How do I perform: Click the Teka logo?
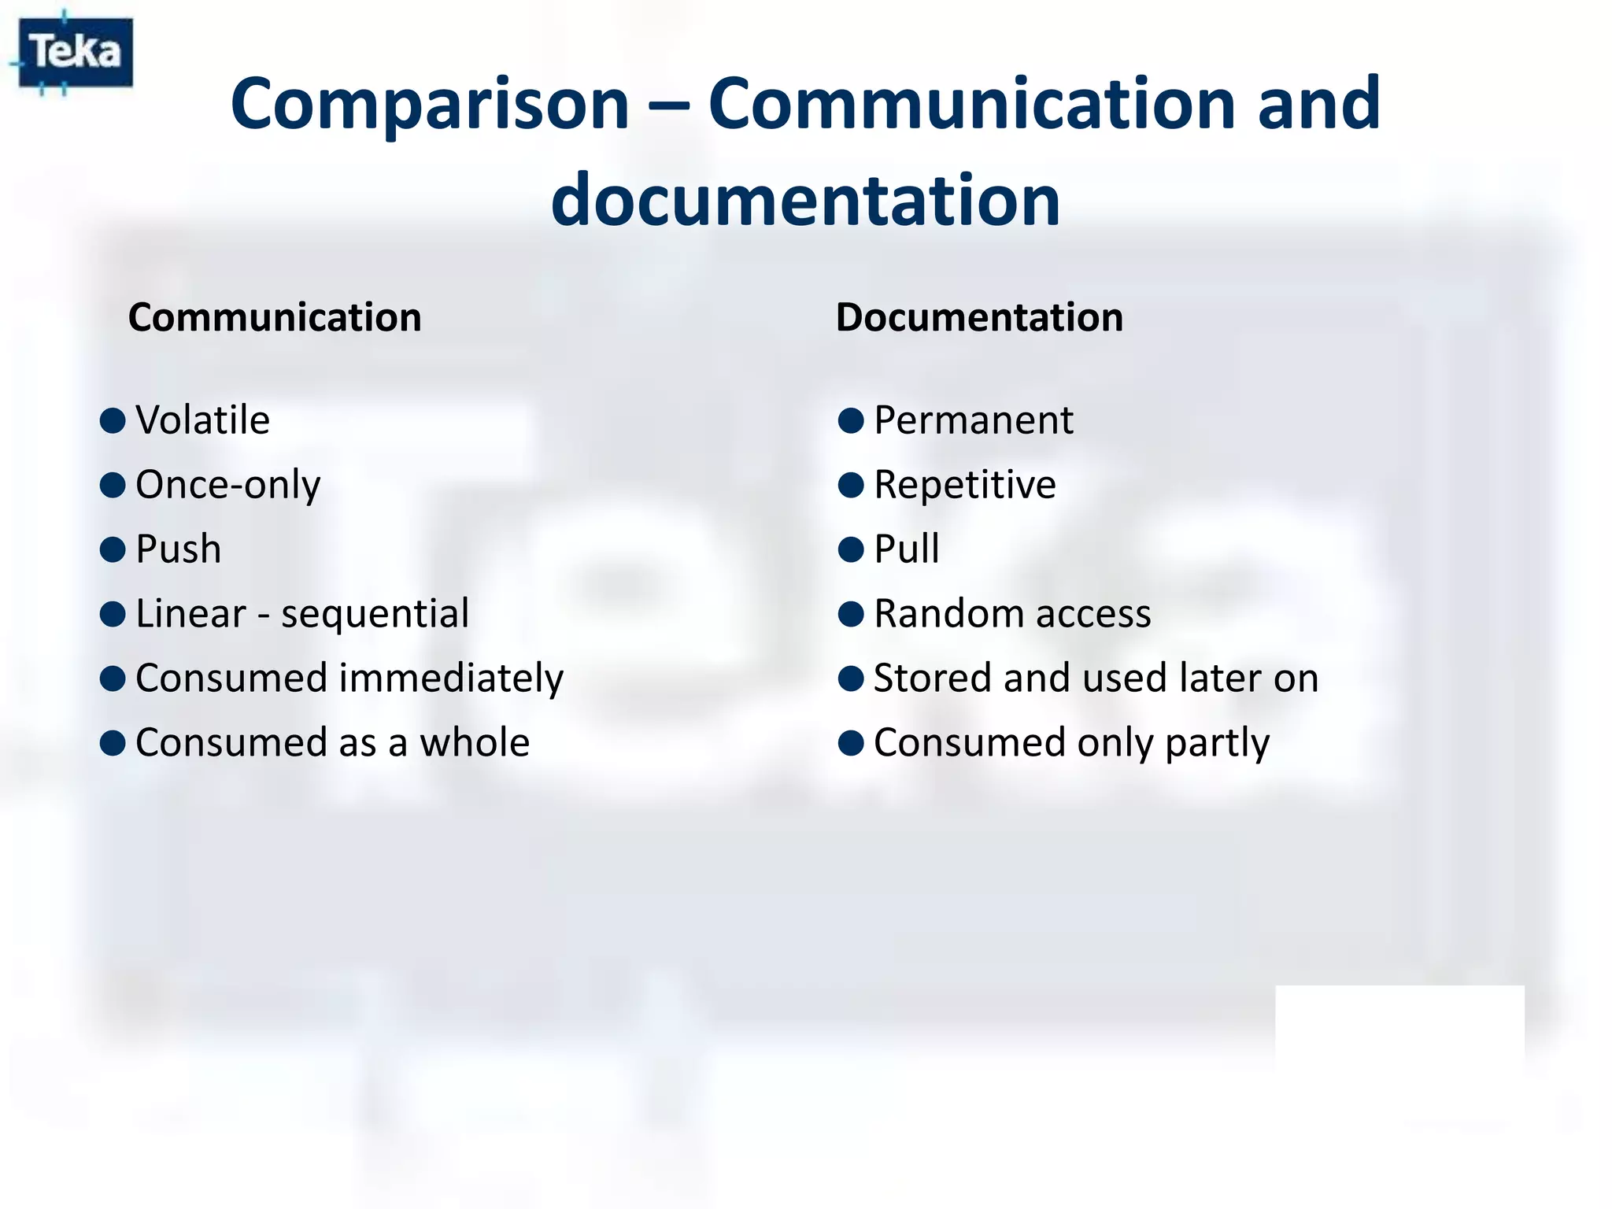point(76,53)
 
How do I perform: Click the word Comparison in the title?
point(429,104)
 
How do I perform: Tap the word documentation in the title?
point(805,200)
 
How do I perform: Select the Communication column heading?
point(275,317)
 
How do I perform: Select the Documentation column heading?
point(979,317)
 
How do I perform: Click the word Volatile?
point(202,420)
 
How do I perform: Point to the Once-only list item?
point(227,485)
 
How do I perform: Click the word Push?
point(178,549)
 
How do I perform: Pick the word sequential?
point(375,613)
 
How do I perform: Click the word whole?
point(475,742)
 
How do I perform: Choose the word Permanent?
point(973,420)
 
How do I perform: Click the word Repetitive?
point(964,484)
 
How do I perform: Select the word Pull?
point(906,549)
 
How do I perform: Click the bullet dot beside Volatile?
point(113,420)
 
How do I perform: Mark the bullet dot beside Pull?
point(851,549)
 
